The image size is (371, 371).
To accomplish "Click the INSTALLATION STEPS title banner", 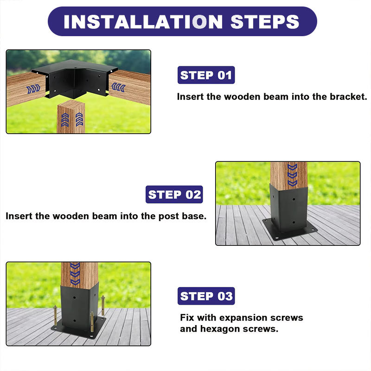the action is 182,21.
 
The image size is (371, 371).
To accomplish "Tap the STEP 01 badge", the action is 206,75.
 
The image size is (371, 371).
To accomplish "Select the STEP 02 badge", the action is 174,194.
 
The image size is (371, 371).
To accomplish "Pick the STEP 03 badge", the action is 206,296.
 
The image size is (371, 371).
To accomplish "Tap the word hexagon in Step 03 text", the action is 220,329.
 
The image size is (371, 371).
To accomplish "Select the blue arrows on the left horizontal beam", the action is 33,89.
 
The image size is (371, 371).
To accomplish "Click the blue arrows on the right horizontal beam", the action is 118,87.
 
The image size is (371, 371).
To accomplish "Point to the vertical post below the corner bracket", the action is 71,116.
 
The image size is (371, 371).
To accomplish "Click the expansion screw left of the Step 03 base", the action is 55,315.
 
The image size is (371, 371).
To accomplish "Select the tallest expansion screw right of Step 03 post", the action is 103,306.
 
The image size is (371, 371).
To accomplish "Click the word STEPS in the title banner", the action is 265,22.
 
